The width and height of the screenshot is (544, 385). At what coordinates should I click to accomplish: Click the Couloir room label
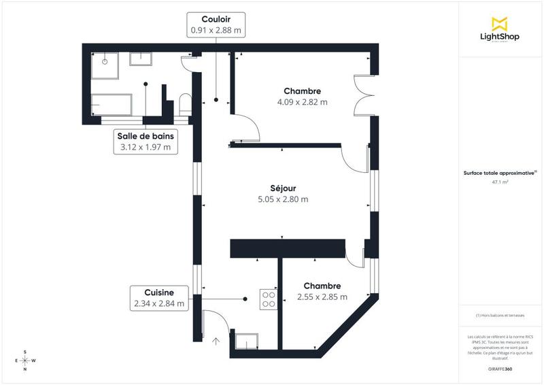point(214,19)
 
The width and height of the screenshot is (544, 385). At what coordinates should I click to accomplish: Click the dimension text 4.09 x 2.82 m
point(302,103)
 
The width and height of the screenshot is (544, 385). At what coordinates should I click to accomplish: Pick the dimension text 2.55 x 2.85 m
point(322,297)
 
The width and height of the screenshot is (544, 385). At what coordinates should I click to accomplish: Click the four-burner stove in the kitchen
point(268,299)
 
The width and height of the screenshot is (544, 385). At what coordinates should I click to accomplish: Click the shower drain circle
point(105,61)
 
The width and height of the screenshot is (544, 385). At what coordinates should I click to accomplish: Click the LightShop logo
point(500,29)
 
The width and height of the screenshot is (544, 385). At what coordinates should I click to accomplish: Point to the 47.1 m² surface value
point(500,182)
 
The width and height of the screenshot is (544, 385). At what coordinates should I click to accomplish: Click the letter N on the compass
point(25,369)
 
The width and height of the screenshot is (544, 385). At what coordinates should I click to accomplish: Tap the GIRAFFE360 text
point(500,368)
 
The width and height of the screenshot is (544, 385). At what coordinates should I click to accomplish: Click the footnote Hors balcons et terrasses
point(500,316)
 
